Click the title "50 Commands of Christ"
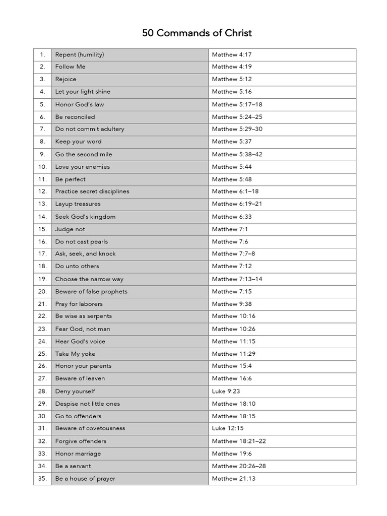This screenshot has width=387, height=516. tap(197, 33)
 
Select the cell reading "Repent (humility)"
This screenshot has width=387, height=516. tap(80, 54)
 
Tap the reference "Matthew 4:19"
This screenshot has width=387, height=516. tap(232, 67)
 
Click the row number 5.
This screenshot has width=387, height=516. tap(42, 104)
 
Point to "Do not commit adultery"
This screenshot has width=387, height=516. tap(90, 129)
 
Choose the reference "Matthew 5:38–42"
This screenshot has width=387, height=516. tap(237, 154)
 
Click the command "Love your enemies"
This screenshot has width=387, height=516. tap(82, 167)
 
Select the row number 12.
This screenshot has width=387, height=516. tap(42, 191)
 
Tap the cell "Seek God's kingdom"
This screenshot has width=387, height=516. tap(85, 217)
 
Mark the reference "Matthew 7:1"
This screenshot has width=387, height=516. tap(230, 229)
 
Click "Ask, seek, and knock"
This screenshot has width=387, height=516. tap(85, 254)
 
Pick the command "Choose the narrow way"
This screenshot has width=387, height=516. tap(89, 279)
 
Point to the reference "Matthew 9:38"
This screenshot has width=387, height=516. tap(232, 304)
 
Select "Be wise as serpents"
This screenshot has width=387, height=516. tap(84, 316)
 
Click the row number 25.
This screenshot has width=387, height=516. tap(42, 354)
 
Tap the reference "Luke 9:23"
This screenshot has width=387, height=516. tap(225, 391)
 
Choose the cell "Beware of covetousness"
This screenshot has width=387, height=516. tap(90, 428)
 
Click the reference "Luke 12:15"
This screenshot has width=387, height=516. tap(227, 428)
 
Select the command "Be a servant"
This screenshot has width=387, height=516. tap(73, 466)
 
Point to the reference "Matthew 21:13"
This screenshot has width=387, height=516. tap(233, 479)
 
